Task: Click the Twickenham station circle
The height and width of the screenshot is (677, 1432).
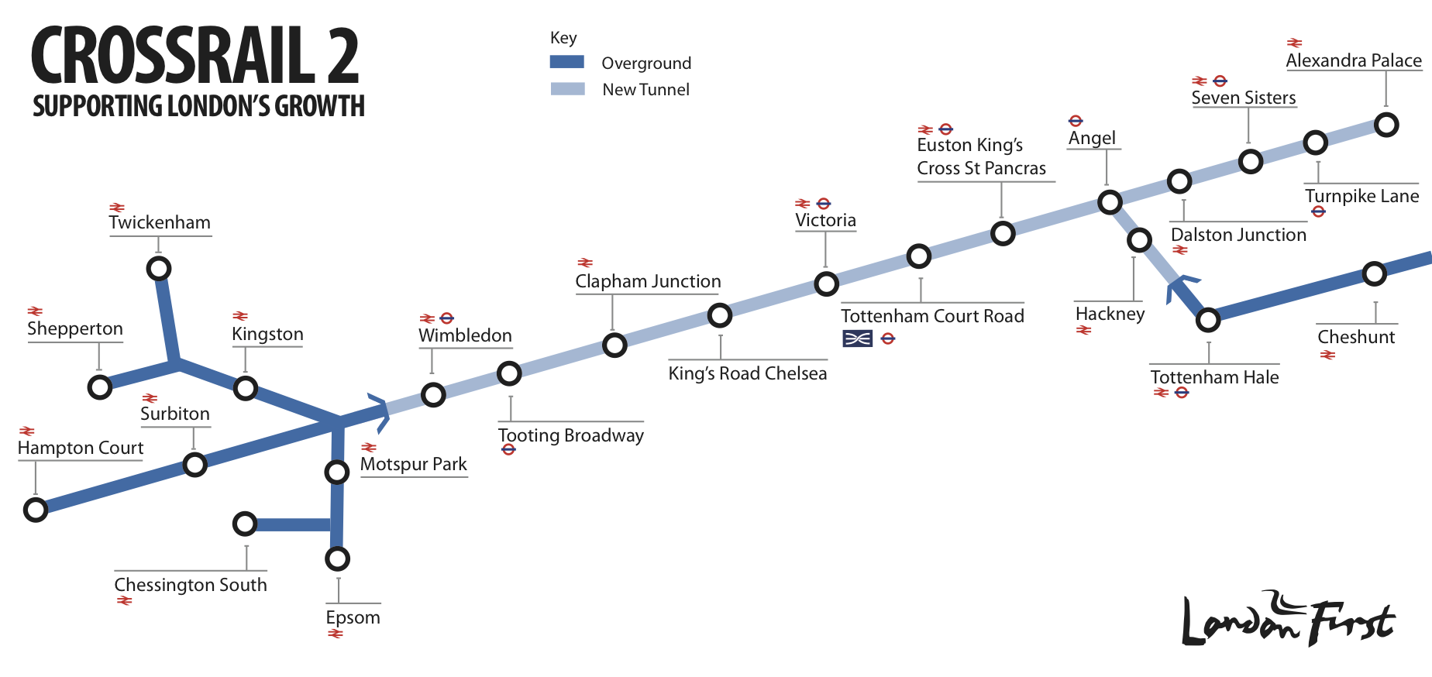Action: click(x=159, y=269)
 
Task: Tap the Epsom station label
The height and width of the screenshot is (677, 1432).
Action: click(x=353, y=617)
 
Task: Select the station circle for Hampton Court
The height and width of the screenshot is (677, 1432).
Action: click(x=36, y=510)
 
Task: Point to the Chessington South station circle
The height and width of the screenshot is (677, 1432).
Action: click(x=245, y=524)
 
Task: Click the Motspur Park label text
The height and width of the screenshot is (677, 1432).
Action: click(x=413, y=464)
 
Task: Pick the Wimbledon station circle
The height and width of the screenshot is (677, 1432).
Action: click(x=433, y=395)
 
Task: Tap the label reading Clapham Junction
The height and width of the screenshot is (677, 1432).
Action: click(x=648, y=281)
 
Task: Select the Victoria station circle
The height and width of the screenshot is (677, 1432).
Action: click(x=827, y=284)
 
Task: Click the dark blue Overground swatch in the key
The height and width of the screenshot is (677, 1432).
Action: click(x=567, y=62)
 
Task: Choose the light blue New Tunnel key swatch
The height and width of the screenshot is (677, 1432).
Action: click(x=567, y=88)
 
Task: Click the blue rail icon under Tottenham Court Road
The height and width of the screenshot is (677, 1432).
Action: click(x=858, y=338)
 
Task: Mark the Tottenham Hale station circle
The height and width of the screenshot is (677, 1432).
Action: click(x=1208, y=320)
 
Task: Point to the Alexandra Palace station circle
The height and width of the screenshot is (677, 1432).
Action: click(x=1386, y=125)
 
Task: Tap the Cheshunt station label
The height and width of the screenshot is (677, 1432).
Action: click(x=1356, y=337)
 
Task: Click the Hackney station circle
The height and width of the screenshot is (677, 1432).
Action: click(x=1139, y=240)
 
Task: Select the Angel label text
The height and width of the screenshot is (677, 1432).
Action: click(x=1092, y=138)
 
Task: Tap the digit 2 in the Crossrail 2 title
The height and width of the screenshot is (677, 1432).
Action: click(x=343, y=56)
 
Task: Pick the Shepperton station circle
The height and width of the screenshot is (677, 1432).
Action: click(x=100, y=387)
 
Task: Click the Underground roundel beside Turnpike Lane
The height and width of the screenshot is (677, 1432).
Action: click(x=1319, y=211)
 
